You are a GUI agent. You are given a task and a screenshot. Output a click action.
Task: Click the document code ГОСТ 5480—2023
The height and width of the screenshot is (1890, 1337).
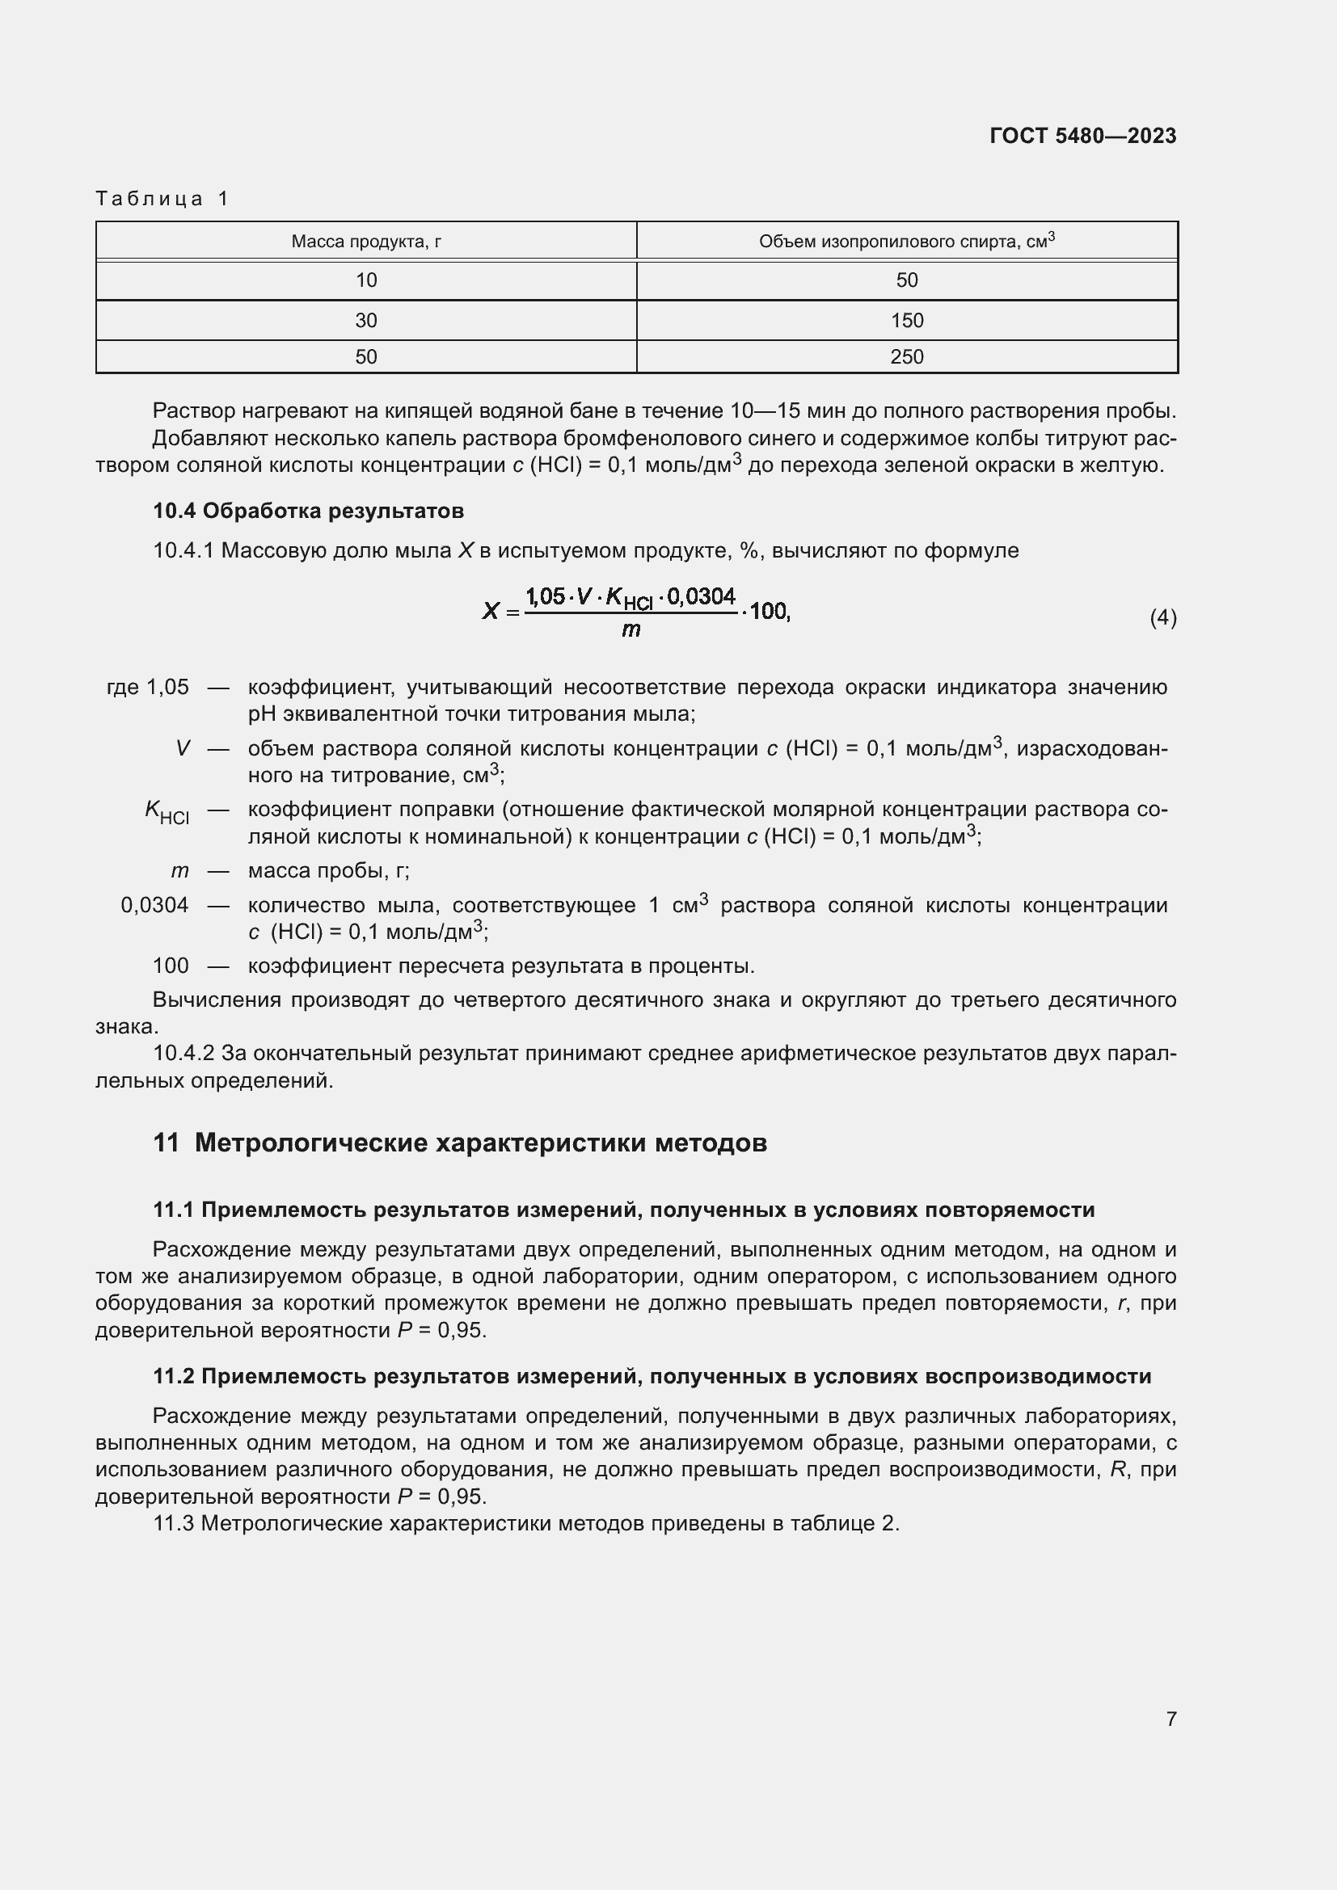coord(1082,136)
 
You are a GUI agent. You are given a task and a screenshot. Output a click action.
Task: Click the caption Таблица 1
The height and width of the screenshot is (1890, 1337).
coord(162,199)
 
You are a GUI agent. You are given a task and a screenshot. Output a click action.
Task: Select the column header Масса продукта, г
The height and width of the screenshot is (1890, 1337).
coord(365,241)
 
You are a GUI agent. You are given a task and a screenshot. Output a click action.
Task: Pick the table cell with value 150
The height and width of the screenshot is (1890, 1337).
coord(906,320)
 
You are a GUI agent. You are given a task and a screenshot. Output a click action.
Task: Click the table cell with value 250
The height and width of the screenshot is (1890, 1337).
coord(906,356)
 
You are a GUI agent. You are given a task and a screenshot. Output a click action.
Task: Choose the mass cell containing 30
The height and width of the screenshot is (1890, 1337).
coord(365,320)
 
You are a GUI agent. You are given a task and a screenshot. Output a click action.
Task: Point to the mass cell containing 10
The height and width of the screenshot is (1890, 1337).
coord(365,280)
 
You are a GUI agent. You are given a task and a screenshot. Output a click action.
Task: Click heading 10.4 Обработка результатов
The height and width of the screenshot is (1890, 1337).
coord(308,511)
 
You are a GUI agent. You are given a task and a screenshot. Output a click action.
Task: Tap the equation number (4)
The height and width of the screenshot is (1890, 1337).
coord(1162,617)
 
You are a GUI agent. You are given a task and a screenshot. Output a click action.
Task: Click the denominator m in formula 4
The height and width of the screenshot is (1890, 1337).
coord(631,629)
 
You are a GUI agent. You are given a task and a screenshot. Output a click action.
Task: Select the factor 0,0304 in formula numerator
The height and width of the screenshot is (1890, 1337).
coord(701,596)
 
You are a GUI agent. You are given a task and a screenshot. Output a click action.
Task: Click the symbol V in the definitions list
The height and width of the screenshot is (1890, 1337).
coord(183,748)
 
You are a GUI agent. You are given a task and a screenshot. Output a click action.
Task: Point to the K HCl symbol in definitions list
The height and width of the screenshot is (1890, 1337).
coord(167,811)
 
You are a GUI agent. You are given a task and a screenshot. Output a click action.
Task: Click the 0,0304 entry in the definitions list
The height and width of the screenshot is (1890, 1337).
coord(154,906)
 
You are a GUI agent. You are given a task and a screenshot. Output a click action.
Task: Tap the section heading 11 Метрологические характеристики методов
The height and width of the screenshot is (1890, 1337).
coord(459,1143)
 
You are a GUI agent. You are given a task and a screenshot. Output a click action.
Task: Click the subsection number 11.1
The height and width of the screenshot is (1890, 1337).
coord(173,1210)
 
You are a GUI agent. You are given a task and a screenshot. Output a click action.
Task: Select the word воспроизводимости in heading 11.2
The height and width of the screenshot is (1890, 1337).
coord(1037,1375)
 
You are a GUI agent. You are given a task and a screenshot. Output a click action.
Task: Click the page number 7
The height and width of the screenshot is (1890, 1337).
coord(1170,1719)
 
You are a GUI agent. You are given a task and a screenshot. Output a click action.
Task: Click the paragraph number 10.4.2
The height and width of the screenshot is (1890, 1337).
coord(183,1054)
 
